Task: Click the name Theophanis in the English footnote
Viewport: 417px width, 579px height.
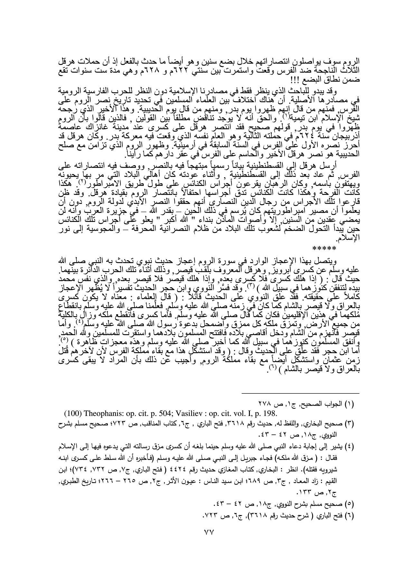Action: [92, 413]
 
